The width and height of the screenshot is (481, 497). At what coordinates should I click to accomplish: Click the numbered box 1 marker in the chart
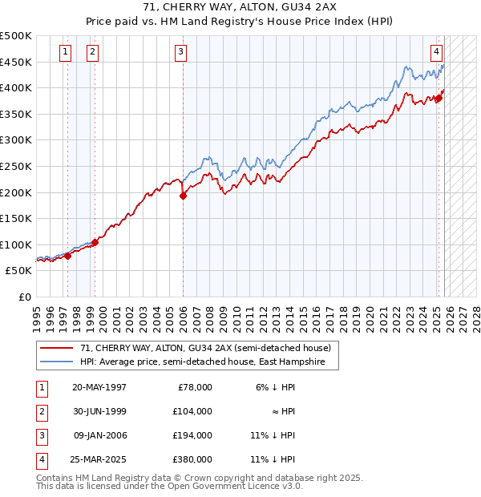tap(65, 52)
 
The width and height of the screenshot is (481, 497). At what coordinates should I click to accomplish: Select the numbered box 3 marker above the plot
tap(181, 52)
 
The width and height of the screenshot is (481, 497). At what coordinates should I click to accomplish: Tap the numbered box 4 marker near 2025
tap(436, 52)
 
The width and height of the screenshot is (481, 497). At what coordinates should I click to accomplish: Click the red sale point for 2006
tap(184, 195)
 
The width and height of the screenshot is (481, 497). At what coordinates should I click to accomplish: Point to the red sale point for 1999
tap(95, 241)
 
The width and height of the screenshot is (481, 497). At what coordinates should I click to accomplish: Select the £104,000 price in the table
tap(192, 411)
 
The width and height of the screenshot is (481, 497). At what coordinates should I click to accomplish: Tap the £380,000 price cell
tap(192, 459)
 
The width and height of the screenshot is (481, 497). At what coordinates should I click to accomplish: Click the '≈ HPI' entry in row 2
tap(282, 411)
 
